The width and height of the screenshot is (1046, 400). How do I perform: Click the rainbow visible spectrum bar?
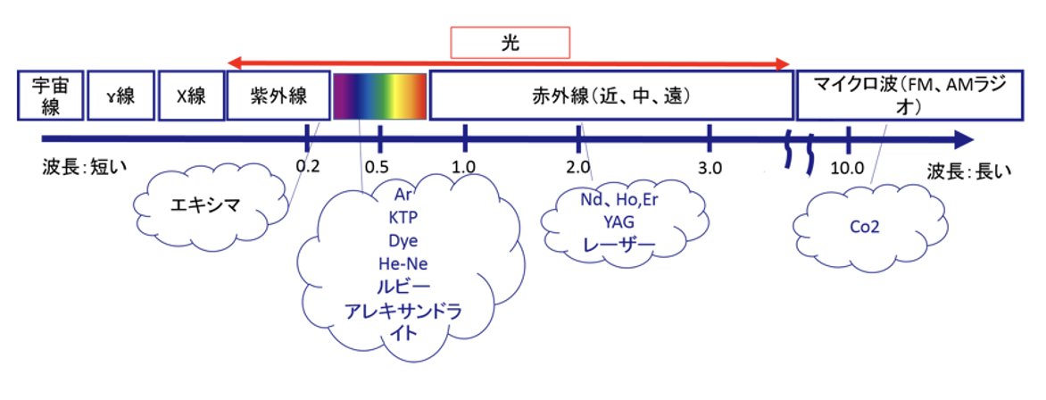(x=379, y=96)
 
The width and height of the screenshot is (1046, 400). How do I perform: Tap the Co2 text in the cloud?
(x=865, y=227)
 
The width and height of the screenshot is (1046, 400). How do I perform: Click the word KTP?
(x=403, y=217)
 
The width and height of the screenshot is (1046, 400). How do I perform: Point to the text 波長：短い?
(x=83, y=165)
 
